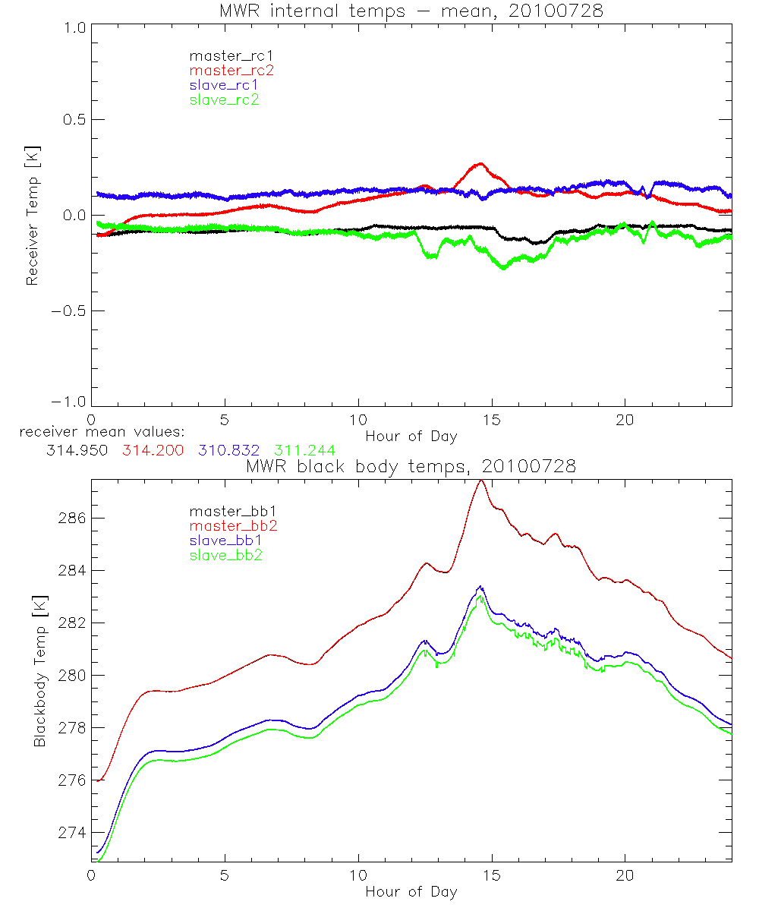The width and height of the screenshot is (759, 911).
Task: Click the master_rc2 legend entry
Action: [231, 70]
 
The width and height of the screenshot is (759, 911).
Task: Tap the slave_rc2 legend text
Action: [224, 99]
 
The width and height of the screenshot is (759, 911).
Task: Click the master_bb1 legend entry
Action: [231, 510]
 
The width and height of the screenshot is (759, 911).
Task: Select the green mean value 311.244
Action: [304, 450]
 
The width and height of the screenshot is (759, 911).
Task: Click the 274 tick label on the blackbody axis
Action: [72, 833]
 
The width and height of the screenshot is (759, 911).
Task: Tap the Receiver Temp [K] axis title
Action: [32, 216]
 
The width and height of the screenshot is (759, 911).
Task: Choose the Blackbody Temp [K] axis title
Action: [39, 671]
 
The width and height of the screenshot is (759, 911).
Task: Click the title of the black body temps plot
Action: [411, 467]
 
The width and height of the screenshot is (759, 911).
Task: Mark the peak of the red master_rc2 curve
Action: [480, 163]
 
